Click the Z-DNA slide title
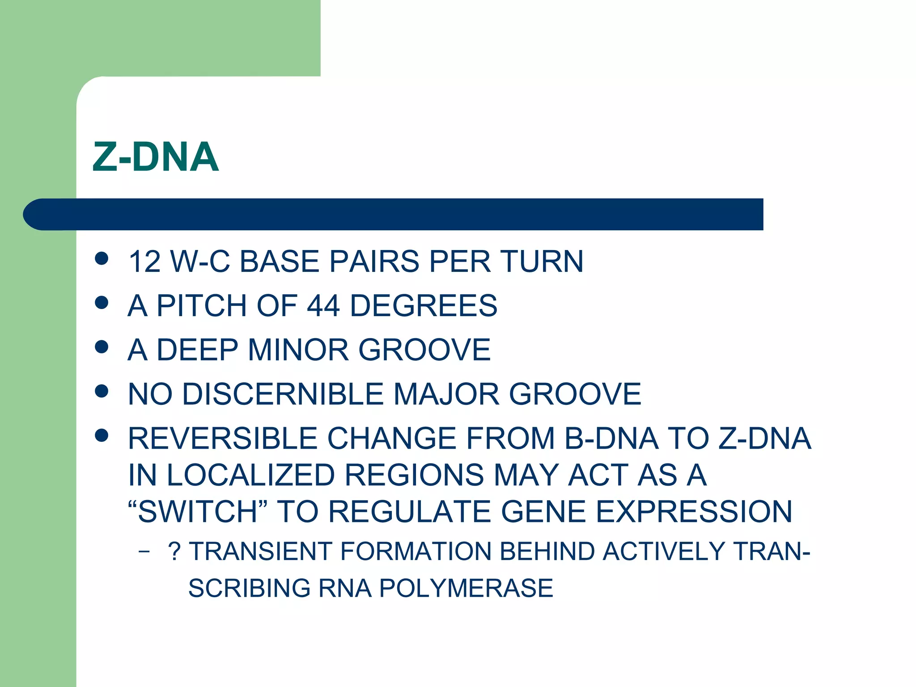(x=156, y=157)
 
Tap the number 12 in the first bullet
(x=144, y=261)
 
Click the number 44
(x=323, y=305)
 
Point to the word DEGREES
(x=423, y=305)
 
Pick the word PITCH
(x=202, y=305)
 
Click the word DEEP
(x=197, y=349)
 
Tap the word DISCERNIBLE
(x=283, y=394)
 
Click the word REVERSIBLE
(x=222, y=438)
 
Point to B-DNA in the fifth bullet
(x=611, y=438)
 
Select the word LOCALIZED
(x=251, y=475)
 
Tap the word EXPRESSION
(x=694, y=511)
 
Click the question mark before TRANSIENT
(x=174, y=551)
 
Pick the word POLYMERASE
(x=466, y=588)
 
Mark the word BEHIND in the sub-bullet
(x=547, y=551)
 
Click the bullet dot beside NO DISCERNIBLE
(x=102, y=391)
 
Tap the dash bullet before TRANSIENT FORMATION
(x=144, y=551)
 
